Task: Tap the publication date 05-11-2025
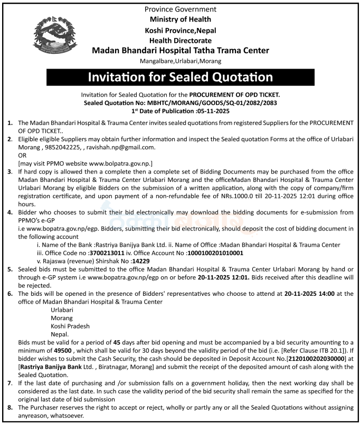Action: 214,111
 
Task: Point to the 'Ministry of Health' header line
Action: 180,20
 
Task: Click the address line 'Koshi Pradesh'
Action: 70,326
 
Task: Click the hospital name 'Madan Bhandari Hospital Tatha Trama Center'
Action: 180,51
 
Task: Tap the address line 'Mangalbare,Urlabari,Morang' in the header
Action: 180,62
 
